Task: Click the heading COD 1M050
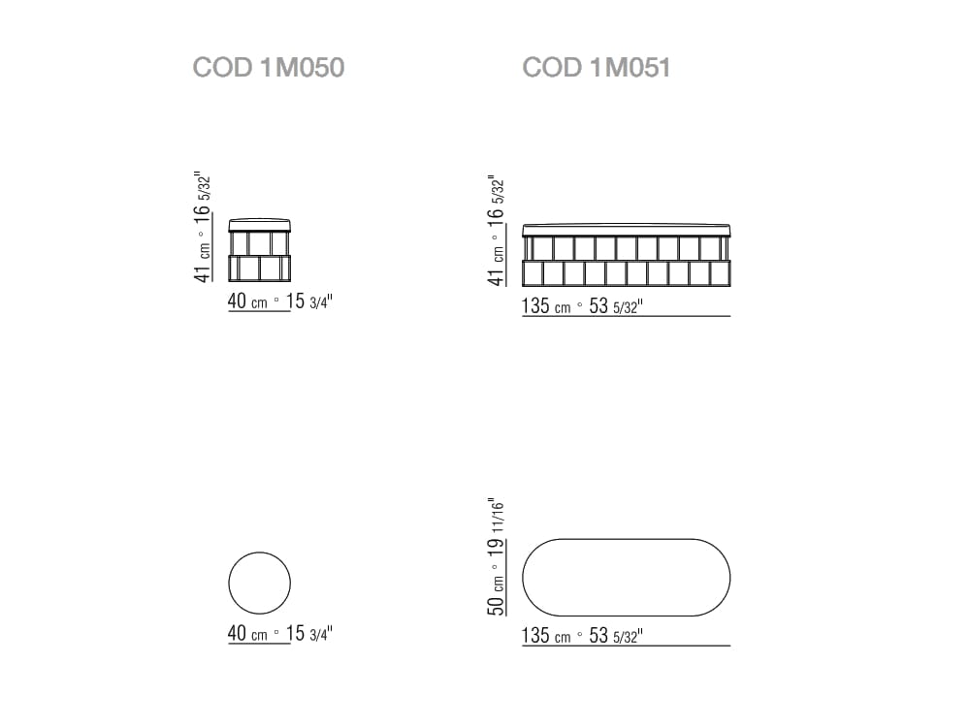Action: tap(269, 68)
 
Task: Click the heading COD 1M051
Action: tap(597, 68)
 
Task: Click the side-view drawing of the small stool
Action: tap(259, 250)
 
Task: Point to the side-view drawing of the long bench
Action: tap(626, 255)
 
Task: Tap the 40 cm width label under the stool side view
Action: tap(247, 301)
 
